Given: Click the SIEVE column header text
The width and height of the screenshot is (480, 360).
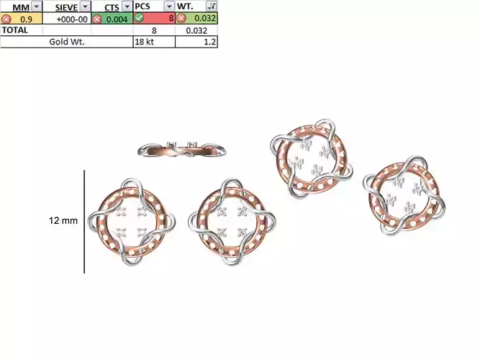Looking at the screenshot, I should pyautogui.click(x=66, y=6).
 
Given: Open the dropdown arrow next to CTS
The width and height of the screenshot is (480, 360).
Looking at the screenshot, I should pyautogui.click(x=127, y=6).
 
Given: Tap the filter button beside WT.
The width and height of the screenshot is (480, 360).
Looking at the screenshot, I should pyautogui.click(x=211, y=6).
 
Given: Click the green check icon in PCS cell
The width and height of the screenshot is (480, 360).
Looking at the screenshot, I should pyautogui.click(x=140, y=19).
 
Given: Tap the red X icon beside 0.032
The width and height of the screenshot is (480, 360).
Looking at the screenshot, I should pyautogui.click(x=181, y=19).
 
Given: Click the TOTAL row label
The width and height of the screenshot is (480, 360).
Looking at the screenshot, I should pyautogui.click(x=16, y=30).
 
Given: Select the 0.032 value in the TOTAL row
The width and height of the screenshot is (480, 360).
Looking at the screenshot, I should pyautogui.click(x=196, y=30).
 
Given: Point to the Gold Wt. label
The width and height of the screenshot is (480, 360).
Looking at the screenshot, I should pyautogui.click(x=67, y=42).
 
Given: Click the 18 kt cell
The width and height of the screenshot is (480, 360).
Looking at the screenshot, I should pyautogui.click(x=144, y=42).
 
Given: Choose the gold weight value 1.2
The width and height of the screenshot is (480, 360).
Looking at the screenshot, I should pyautogui.click(x=209, y=42).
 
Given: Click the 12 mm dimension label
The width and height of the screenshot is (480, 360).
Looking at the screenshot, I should pyautogui.click(x=63, y=221).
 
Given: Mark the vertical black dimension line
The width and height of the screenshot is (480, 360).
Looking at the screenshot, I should pyautogui.click(x=85, y=221).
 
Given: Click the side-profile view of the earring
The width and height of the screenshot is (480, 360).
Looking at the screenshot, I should pyautogui.click(x=184, y=150).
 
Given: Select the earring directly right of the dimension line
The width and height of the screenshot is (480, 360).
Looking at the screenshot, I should pyautogui.click(x=132, y=221).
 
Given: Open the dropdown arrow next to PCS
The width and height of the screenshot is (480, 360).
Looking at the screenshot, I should pyautogui.click(x=168, y=6).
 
